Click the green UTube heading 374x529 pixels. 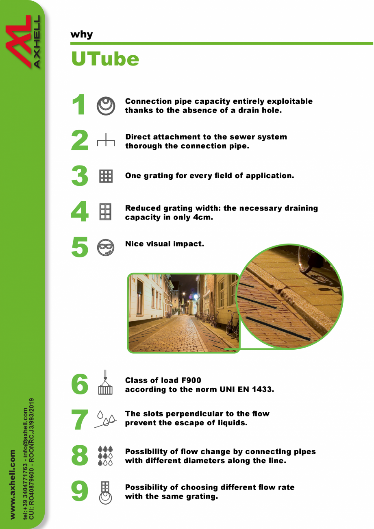(x=105, y=58)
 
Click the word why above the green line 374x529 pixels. (x=81, y=35)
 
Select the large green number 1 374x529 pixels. (x=79, y=104)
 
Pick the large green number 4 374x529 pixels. (x=80, y=211)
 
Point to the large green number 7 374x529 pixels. (x=80, y=420)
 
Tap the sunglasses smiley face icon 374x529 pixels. (x=106, y=247)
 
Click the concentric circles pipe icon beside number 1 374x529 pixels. (x=106, y=106)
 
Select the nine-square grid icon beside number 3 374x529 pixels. (x=106, y=176)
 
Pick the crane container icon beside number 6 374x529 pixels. (x=105, y=382)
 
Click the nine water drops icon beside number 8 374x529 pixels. (x=105, y=455)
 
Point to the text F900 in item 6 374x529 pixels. (x=191, y=380)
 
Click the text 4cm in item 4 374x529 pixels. (x=203, y=217)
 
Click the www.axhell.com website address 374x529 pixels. (x=13, y=484)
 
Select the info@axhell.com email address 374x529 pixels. (x=25, y=428)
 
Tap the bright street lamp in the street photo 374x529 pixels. (x=196, y=296)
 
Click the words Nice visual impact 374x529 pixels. (x=164, y=244)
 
